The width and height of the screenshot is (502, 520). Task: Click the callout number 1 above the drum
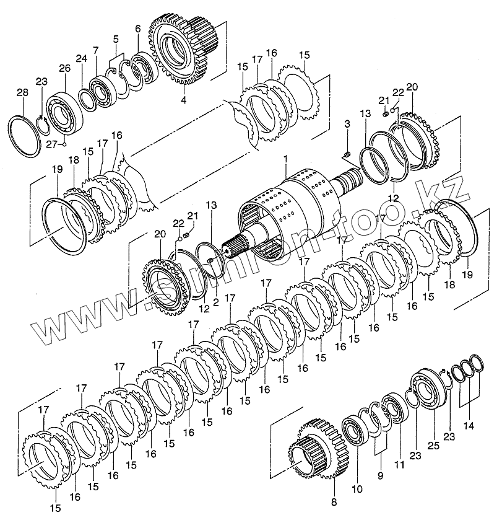pyautogui.click(x=285, y=159)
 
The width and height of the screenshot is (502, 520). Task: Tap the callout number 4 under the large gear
pyautogui.click(x=183, y=99)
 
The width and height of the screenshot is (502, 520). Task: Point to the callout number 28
pyautogui.click(x=22, y=93)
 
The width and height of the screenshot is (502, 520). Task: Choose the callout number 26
pyautogui.click(x=65, y=68)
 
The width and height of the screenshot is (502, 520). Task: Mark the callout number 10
pyautogui.click(x=356, y=488)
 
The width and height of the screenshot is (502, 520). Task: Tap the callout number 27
pyautogui.click(x=53, y=144)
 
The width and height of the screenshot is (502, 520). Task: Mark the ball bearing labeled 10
pyautogui.click(x=354, y=433)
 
